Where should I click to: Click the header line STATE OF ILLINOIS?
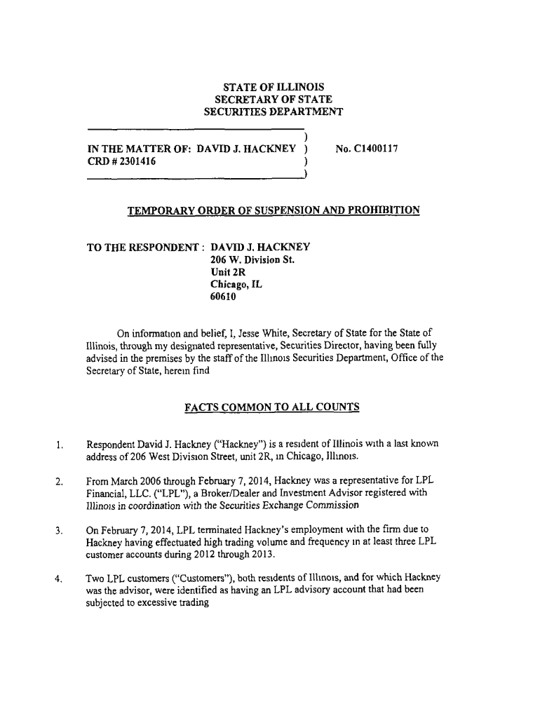pos(273,87)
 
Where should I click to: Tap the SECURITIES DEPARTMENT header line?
pos(273,112)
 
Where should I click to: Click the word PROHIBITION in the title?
pos(379,210)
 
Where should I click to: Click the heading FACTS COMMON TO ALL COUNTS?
pos(272,407)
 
